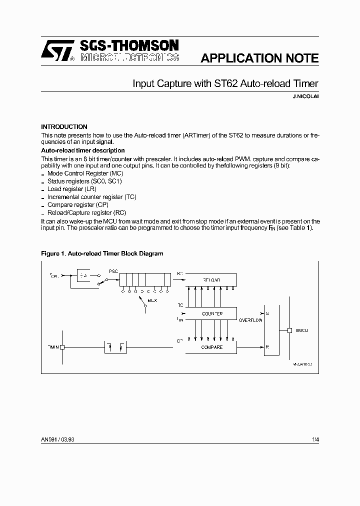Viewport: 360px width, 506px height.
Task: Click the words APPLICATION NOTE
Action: (259, 58)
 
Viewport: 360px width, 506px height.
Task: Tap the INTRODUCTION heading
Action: (64, 127)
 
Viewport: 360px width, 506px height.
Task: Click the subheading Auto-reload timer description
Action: (82, 150)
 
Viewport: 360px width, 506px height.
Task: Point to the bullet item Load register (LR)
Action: (71, 189)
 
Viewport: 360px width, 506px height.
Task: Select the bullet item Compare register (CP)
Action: (77, 205)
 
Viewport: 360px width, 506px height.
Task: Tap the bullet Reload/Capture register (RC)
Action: (86, 212)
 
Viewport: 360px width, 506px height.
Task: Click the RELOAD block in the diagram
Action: (211, 280)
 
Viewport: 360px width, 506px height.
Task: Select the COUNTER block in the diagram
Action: (211, 313)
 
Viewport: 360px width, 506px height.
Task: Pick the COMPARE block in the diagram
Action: (211, 347)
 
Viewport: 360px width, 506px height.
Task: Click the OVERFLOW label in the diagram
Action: (250, 320)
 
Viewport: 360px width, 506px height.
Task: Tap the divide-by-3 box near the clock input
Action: (83, 275)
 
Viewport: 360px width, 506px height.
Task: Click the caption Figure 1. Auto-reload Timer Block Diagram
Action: (102, 253)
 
